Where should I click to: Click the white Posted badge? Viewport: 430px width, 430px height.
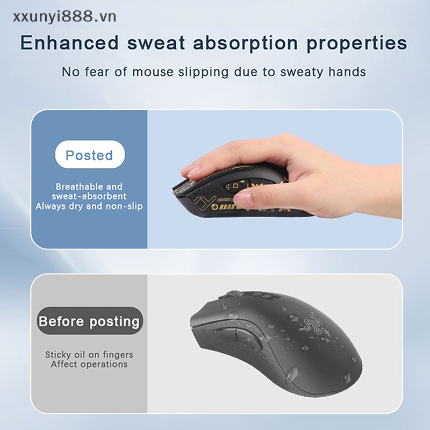click(89, 155)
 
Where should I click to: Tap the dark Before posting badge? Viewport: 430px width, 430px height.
click(89, 321)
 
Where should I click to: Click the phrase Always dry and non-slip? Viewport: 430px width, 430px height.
click(89, 205)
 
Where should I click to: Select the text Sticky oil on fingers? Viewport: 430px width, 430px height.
click(89, 355)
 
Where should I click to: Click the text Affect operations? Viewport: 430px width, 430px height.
click(89, 364)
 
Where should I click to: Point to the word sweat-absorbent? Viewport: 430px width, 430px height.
click(89, 196)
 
